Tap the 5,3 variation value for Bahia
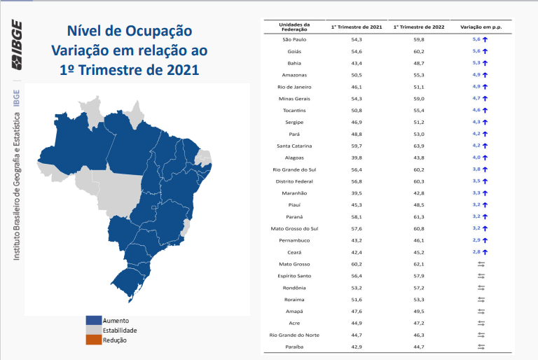pyautogui.click(x=476, y=63)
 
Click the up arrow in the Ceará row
pyautogui.click(x=485, y=252)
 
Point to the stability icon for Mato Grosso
pyautogui.click(x=481, y=264)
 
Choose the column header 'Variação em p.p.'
pyautogui.click(x=481, y=27)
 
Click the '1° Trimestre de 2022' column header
pyautogui.click(x=419, y=27)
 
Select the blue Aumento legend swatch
pyautogui.click(x=94, y=320)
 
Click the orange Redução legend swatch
pyautogui.click(x=94, y=340)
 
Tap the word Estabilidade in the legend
pyautogui.click(x=120, y=330)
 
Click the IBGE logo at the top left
pyautogui.click(x=16, y=45)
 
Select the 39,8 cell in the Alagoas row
pyautogui.click(x=357, y=158)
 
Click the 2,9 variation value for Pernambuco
pyautogui.click(x=476, y=240)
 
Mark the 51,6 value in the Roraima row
pyautogui.click(x=357, y=299)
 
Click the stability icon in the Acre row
pyautogui.click(x=481, y=323)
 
